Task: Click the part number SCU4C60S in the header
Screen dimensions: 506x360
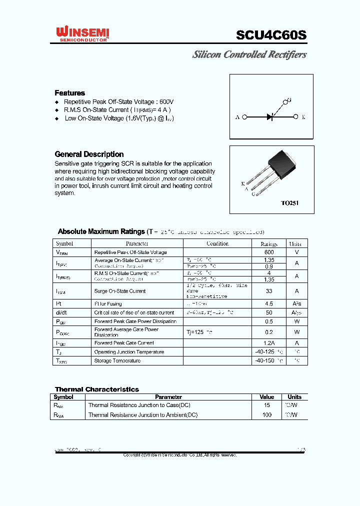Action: pos(271,35)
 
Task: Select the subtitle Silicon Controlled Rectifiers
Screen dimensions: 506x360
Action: pos(249,54)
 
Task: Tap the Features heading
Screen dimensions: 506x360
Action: pos(69,93)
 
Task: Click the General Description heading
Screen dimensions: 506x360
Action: pos(89,154)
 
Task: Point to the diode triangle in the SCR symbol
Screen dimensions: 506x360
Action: pos(270,117)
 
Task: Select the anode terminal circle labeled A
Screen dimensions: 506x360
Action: pos(244,117)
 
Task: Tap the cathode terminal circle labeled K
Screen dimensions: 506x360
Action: pos(296,117)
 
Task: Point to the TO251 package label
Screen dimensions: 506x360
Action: pos(289,203)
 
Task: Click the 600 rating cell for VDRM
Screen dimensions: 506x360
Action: pos(269,252)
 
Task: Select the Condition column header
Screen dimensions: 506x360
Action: pos(217,243)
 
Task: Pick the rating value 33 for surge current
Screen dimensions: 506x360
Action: pos(269,291)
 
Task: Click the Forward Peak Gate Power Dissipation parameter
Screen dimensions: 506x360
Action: pos(135,321)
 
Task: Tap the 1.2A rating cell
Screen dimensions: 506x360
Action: pos(269,343)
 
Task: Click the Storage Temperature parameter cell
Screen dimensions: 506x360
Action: pos(117,361)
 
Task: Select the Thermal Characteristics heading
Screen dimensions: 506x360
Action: pos(96,389)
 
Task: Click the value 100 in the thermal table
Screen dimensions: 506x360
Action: pos(267,415)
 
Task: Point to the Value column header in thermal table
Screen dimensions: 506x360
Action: pos(267,397)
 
